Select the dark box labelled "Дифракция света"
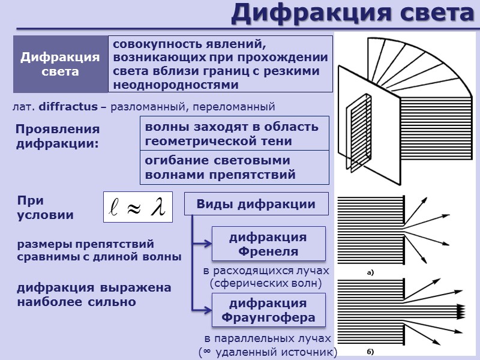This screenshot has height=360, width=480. [x=60, y=64]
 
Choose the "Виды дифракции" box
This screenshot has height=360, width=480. [x=256, y=204]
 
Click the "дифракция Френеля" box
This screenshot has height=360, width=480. [x=268, y=244]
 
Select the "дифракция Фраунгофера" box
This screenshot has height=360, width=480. [x=268, y=310]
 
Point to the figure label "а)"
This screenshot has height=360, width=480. [x=370, y=273]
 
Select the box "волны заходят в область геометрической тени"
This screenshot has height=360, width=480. [x=234, y=134]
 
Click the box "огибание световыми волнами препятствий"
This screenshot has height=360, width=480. [x=234, y=168]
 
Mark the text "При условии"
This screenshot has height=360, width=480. [x=45, y=208]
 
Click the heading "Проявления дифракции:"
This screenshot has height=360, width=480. [x=58, y=137]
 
